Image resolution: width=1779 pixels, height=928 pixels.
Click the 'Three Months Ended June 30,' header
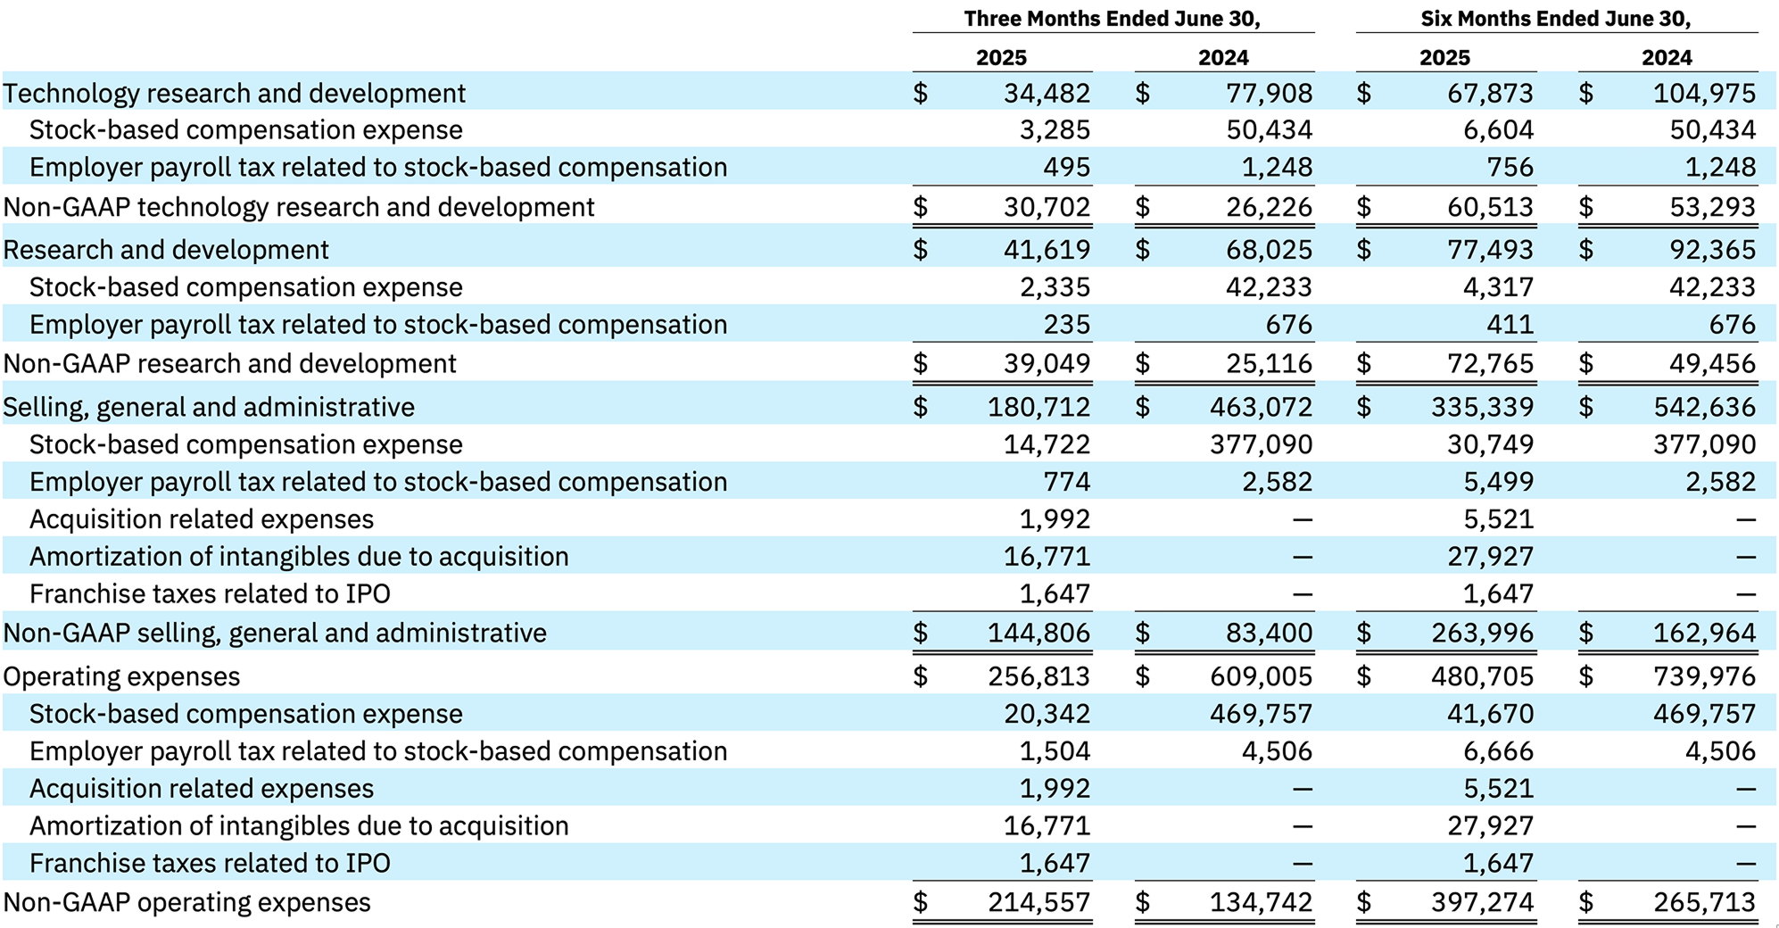pyautogui.click(x=1112, y=19)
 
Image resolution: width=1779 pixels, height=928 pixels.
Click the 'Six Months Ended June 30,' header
pyautogui.click(x=1556, y=19)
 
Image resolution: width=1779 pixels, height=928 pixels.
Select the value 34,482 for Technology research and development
pyautogui.click(x=1047, y=93)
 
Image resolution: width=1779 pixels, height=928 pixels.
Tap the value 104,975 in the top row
pyautogui.click(x=1704, y=93)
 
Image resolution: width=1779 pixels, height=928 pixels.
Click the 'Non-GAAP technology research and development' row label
pyautogui.click(x=299, y=207)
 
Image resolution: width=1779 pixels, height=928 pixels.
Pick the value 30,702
pyautogui.click(x=1047, y=207)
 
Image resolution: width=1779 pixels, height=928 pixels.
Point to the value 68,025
pyautogui.click(x=1269, y=250)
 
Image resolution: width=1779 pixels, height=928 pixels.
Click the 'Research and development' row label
pyautogui.click(x=166, y=250)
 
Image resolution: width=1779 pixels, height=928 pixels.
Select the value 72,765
pyautogui.click(x=1490, y=364)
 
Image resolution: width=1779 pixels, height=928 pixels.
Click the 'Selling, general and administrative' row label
pyautogui.click(x=209, y=407)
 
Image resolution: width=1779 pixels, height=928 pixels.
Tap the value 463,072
pyautogui.click(x=1261, y=407)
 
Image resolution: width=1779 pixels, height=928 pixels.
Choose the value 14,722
pyautogui.click(x=1047, y=444)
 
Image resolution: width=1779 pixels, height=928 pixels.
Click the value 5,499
pyautogui.click(x=1498, y=482)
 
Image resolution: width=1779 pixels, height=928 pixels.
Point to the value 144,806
pyautogui.click(x=1038, y=633)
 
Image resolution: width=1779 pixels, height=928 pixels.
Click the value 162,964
pyautogui.click(x=1704, y=633)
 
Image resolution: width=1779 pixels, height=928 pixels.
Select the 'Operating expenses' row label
pyautogui.click(x=121, y=676)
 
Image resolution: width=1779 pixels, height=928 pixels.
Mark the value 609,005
pyautogui.click(x=1261, y=676)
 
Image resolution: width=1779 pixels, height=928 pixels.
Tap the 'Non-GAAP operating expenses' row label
pyautogui.click(x=187, y=902)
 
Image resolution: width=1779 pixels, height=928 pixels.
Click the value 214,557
pyautogui.click(x=1038, y=902)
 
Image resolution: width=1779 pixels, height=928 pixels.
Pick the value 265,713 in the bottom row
pyautogui.click(x=1704, y=902)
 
